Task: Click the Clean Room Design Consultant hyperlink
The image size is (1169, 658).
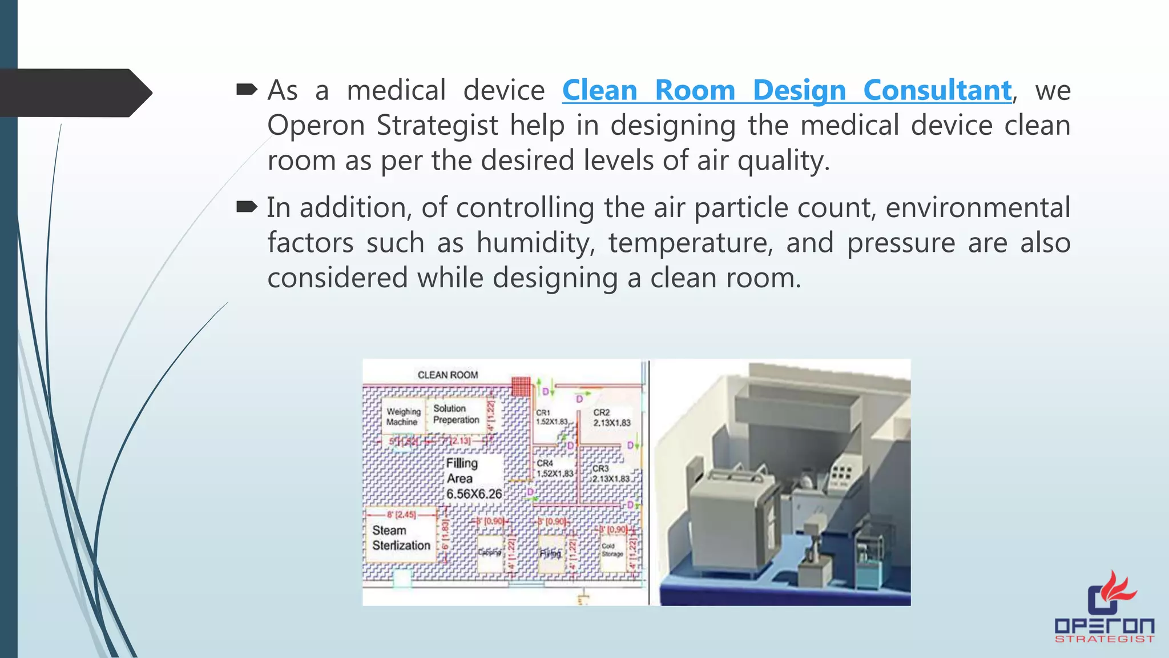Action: (787, 91)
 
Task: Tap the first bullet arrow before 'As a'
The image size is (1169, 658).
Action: (247, 90)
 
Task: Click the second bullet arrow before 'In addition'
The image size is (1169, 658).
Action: (247, 207)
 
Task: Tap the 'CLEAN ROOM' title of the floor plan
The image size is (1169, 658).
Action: (448, 375)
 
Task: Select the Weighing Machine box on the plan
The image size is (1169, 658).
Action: (403, 416)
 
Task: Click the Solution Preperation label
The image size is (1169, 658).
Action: (455, 414)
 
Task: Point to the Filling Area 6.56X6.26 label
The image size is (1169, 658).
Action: (473, 479)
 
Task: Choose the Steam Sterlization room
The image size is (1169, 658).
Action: (401, 538)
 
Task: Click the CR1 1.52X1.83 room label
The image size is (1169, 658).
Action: (551, 417)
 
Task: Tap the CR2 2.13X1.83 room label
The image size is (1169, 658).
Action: (611, 418)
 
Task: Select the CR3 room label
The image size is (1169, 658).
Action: (610, 474)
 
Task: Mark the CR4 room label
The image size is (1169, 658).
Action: (554, 468)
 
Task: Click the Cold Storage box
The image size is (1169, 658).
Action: (612, 551)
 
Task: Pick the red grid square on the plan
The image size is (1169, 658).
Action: (521, 387)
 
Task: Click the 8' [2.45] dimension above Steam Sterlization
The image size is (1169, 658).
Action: (401, 515)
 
